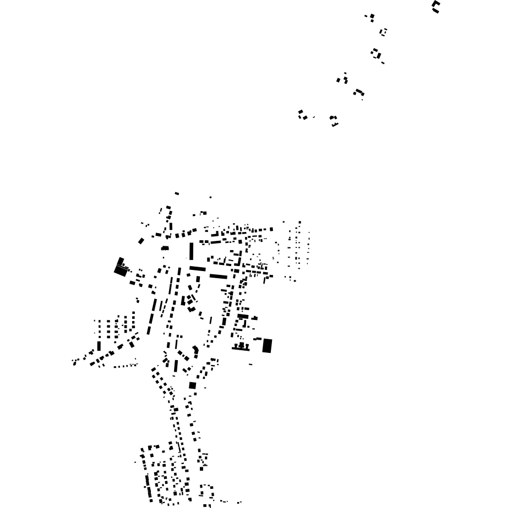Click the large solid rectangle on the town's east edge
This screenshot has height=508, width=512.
[267, 346]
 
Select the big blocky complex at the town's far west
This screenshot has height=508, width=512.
[120, 268]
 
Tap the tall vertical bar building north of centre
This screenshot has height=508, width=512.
[192, 251]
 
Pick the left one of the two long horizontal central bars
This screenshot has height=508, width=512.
[198, 269]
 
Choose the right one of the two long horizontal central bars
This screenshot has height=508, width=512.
[219, 276]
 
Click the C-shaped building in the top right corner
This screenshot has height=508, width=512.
[436, 7]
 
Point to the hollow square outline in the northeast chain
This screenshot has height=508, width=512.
[384, 32]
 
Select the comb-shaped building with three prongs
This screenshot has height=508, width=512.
[241, 347]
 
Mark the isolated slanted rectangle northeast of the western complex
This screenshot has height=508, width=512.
[141, 241]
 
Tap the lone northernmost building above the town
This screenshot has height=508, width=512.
[177, 194]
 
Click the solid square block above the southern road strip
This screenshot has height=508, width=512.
[192, 385]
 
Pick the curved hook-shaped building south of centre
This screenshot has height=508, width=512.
[195, 350]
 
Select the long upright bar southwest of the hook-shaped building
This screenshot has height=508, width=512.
[176, 366]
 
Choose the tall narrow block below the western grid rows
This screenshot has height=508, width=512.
[99, 346]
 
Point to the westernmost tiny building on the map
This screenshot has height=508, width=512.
[74, 362]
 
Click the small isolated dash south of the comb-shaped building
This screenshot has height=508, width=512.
[250, 365]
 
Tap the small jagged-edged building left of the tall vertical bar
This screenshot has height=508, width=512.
[165, 249]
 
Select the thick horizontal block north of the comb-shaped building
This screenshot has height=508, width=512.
[243, 317]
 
